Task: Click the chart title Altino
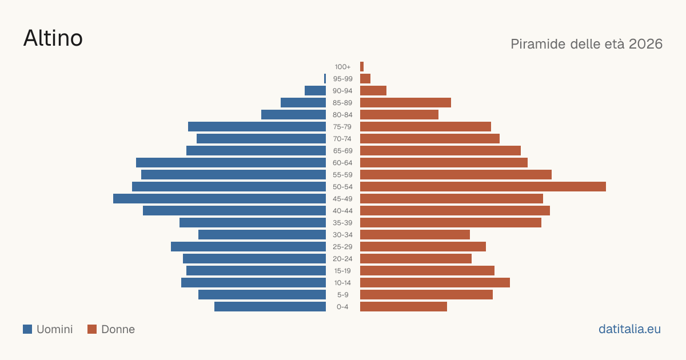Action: click(53, 38)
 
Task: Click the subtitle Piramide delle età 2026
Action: click(587, 44)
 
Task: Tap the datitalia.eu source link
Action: click(629, 329)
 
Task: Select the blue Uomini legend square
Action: click(27, 329)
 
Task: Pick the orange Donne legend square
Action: click(92, 329)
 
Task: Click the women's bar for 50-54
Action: click(483, 187)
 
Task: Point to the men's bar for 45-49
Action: click(220, 199)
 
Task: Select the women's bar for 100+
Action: click(362, 67)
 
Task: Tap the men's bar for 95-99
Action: click(325, 79)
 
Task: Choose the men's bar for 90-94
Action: click(315, 91)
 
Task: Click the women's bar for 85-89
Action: click(405, 102)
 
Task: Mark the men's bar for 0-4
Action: click(270, 307)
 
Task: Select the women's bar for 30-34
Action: click(415, 235)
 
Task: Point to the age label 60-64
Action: click(342, 163)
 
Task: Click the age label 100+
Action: click(342, 67)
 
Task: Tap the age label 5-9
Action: click(342, 295)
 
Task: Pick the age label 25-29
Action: click(342, 247)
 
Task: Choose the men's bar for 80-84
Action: click(293, 115)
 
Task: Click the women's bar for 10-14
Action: click(435, 283)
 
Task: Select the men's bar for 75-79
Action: click(257, 127)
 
